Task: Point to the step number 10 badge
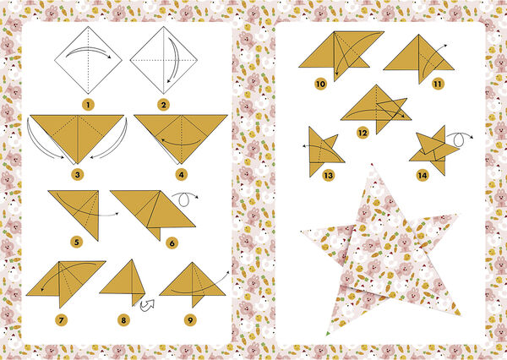pyautogui.click(x=319, y=85)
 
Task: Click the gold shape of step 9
pyautogui.click(x=193, y=282)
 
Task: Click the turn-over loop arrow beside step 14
pyautogui.click(x=461, y=135)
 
